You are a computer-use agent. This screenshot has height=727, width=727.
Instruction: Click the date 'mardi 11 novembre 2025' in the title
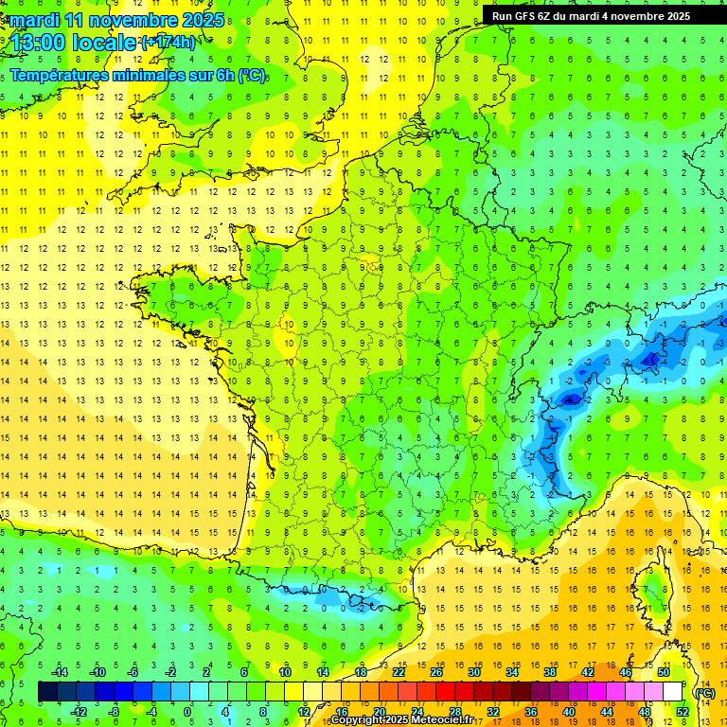[117, 20]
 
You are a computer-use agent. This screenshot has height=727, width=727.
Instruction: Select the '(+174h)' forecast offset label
[168, 42]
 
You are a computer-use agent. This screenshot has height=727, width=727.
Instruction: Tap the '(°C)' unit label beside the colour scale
[705, 693]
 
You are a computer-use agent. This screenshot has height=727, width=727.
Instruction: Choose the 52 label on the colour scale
[683, 712]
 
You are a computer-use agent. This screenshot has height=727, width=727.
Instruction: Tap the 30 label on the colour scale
[474, 672]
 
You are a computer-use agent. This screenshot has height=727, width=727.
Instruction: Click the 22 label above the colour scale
[399, 672]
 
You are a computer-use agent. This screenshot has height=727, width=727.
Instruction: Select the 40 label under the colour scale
[569, 712]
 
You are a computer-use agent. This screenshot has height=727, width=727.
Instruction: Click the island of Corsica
[651, 592]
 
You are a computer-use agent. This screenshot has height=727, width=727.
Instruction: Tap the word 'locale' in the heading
[108, 42]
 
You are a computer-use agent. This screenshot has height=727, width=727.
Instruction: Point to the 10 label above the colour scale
[285, 672]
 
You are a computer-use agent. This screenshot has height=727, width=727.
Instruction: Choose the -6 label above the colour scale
[133, 672]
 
